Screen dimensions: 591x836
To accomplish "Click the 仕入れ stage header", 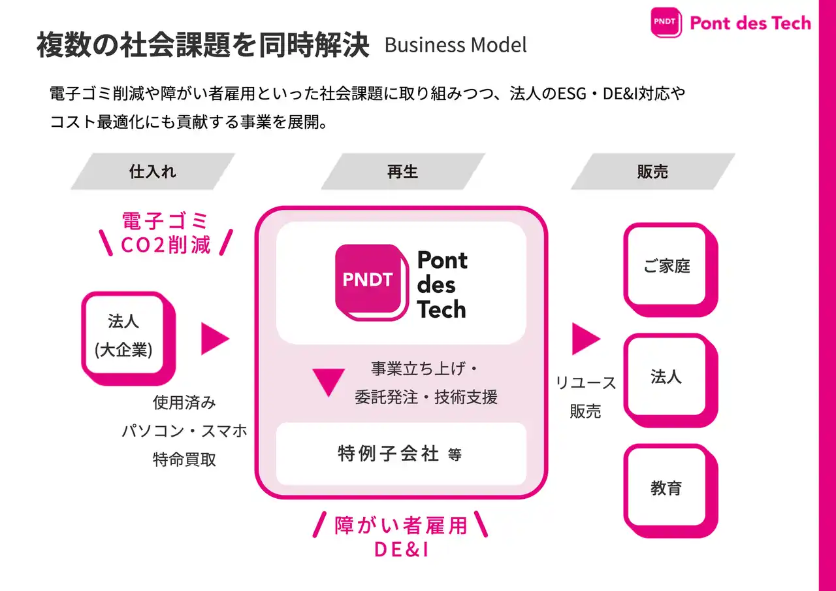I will pos(153,171).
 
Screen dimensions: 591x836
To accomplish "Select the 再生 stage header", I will pos(402,171).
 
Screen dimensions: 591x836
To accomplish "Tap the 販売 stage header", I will pos(652,171).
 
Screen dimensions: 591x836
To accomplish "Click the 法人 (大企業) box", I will pos(124,335).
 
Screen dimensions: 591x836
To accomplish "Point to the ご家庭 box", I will pos(666,265).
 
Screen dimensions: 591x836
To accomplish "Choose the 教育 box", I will pos(666,487).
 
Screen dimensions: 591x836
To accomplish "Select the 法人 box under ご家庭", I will pos(666,377).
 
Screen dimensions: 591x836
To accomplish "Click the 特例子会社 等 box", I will pos(400,454).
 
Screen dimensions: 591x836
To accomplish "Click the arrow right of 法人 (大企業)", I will pos(214,338).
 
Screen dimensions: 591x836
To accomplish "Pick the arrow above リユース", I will pos(585,338).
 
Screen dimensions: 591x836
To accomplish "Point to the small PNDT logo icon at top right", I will pos(666,22).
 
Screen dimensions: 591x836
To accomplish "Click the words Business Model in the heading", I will pos(456,45).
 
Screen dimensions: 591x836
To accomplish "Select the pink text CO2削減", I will pos(166,245).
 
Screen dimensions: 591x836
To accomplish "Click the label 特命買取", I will pos(184,459).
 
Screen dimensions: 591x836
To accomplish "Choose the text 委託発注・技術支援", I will pos(426,397).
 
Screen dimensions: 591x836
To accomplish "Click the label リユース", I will pos(586,383).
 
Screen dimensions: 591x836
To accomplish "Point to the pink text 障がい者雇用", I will pos(401,525).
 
